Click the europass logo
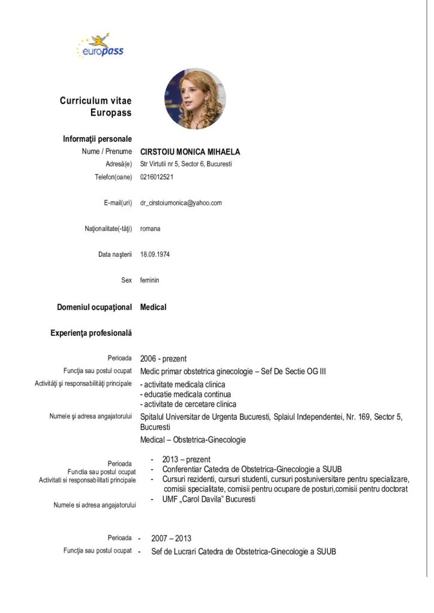click(100, 45)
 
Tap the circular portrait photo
click(195, 98)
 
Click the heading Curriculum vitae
click(95, 101)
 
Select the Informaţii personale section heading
click(97, 139)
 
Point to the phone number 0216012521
click(157, 177)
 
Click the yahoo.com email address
click(181, 203)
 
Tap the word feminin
click(150, 280)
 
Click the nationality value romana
click(150, 228)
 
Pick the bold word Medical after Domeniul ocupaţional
click(153, 307)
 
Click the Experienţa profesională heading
click(91, 332)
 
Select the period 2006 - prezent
click(163, 359)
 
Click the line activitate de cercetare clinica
click(188, 404)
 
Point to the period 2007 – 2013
click(171, 538)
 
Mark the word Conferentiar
click(185, 469)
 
